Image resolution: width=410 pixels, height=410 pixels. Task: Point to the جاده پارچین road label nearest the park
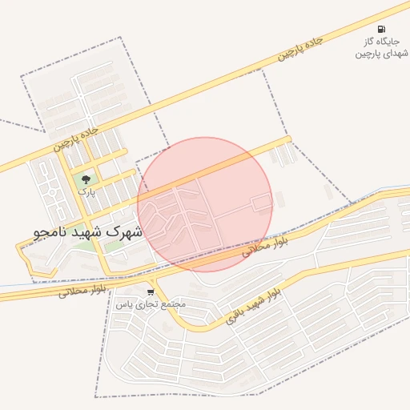pos(77,137)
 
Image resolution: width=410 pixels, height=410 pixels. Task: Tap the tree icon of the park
pos(86,180)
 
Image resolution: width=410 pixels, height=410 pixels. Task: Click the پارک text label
pos(86,192)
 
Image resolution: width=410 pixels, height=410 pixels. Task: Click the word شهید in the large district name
pos(87,232)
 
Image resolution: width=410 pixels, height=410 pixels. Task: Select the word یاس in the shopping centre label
pos(123,304)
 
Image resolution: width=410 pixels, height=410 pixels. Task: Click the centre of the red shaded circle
pos(204,204)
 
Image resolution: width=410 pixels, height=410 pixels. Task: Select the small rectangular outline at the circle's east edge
pos(262,203)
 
